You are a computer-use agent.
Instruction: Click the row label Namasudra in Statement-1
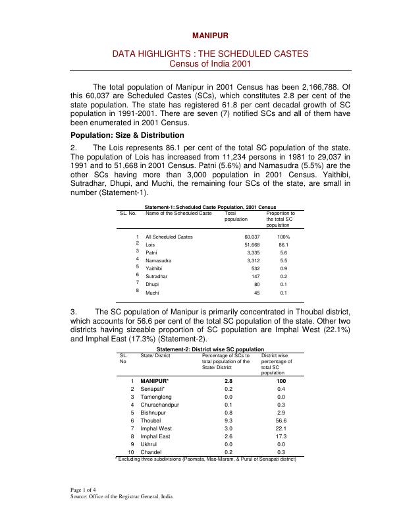coord(160,261)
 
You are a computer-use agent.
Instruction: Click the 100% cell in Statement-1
coord(283,237)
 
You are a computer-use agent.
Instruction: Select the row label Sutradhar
coord(158,277)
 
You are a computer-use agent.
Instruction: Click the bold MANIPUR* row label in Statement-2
coord(155,382)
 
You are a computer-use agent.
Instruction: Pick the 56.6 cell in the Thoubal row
coord(281,420)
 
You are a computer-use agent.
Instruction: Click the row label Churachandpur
coord(160,404)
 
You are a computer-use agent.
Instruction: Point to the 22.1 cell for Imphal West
coord(281,428)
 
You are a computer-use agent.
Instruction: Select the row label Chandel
coord(151,452)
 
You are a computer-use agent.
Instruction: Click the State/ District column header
coord(155,355)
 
